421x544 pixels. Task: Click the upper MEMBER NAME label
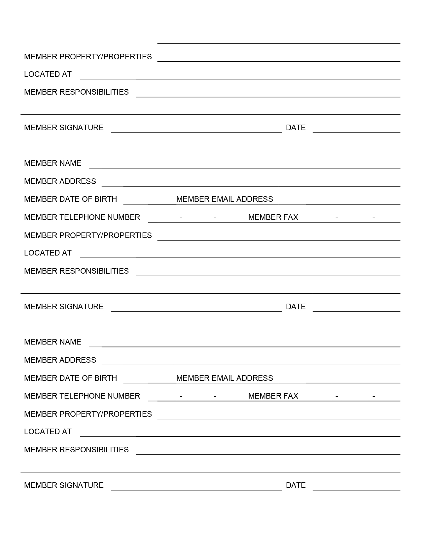(x=53, y=163)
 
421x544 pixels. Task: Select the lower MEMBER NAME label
(x=53, y=342)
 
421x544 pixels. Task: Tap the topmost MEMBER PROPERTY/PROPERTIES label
(x=88, y=57)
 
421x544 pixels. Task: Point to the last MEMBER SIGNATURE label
(x=64, y=485)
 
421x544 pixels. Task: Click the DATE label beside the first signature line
(x=296, y=128)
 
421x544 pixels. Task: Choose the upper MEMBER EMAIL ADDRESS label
(x=225, y=199)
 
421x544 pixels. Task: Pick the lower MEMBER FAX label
(x=273, y=396)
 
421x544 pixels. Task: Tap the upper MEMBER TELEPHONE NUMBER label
(x=82, y=217)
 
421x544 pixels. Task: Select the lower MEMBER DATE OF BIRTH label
(x=70, y=378)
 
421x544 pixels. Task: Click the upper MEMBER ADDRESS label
(x=60, y=181)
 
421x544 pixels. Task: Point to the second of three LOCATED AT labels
(x=48, y=253)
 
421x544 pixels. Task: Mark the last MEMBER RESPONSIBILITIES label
(x=76, y=450)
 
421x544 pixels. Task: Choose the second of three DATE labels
(x=296, y=307)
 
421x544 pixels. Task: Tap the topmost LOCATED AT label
(x=48, y=74)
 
